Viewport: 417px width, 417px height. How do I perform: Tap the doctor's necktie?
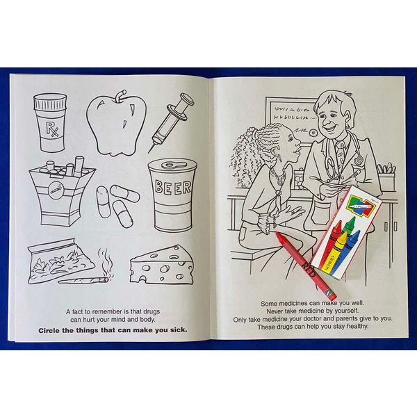click(339, 154)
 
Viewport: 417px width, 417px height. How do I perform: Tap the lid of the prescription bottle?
click(50, 102)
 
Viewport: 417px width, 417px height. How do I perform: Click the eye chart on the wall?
click(292, 118)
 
